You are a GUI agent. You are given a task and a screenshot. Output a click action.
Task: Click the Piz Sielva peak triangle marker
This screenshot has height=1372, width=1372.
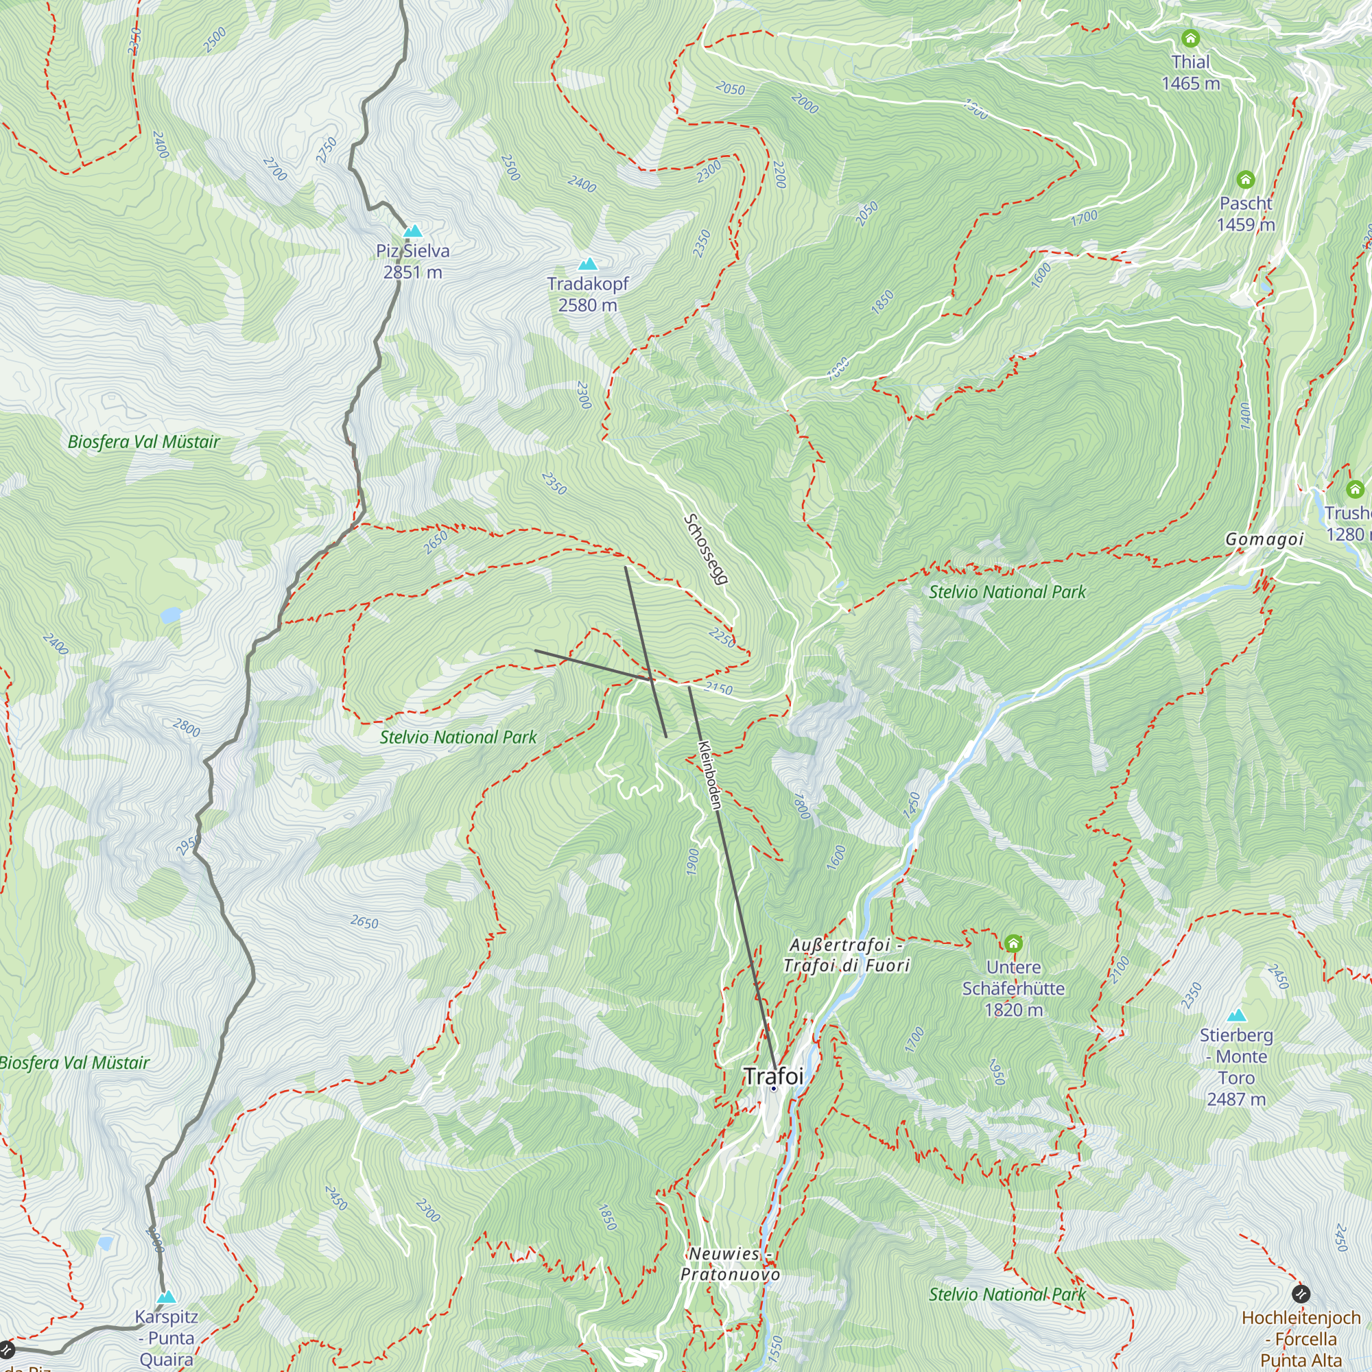412,230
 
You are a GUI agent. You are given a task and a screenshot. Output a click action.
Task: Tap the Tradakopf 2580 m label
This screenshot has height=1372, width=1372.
588,294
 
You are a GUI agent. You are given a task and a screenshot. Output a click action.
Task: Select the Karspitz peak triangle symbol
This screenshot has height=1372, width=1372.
166,1297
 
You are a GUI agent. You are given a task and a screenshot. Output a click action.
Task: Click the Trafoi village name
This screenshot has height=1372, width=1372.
773,1076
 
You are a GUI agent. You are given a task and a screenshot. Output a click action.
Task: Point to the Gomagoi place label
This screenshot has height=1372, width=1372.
1264,539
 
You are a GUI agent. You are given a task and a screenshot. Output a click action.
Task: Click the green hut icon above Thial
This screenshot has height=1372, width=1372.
1190,38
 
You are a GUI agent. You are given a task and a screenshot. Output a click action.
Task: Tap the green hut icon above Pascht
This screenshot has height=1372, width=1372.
1246,180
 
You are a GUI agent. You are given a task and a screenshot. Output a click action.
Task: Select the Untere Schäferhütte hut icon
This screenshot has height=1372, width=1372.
1013,943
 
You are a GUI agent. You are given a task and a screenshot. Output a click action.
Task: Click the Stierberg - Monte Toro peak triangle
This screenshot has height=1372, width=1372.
1236,1015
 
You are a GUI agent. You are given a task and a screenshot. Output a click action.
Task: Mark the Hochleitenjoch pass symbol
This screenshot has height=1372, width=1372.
1300,1292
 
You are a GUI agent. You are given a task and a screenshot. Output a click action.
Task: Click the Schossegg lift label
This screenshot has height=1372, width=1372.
705,549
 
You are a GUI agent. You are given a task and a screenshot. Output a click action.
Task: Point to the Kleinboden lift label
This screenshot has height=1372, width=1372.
709,774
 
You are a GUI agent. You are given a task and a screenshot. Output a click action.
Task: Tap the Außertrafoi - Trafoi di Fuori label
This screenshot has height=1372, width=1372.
846,955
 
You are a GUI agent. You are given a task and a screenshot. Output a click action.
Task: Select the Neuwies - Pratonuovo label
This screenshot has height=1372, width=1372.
730,1264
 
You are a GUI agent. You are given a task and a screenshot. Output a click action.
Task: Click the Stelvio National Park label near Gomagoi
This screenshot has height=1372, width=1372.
1007,591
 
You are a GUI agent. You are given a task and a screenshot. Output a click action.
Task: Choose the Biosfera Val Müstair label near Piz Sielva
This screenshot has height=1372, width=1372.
143,442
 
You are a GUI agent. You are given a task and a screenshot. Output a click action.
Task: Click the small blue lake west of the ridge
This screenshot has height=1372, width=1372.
171,615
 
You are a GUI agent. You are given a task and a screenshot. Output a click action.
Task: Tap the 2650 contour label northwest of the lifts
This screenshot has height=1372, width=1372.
436,543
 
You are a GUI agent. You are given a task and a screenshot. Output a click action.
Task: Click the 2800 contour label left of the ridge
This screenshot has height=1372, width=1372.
186,728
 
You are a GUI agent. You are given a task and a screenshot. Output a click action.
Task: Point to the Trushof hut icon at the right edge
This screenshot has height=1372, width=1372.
1354,489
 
